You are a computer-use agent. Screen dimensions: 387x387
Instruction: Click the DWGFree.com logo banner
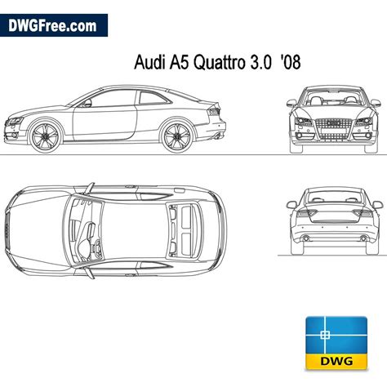coord(54,25)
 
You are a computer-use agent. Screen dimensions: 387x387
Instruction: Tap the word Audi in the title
coord(149,62)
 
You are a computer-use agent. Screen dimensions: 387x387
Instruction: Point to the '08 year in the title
coord(291,62)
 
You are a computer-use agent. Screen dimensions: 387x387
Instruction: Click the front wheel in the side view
coord(45,136)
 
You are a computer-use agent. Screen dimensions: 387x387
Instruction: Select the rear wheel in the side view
coord(176,136)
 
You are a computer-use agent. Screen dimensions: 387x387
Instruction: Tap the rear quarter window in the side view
coord(153,98)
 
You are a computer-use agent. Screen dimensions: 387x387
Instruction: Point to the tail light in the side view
coord(214,111)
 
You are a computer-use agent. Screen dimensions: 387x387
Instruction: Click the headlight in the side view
coord(14,121)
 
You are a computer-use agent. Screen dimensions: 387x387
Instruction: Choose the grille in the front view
coord(334,130)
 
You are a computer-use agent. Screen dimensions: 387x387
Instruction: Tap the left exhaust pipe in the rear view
coord(305,238)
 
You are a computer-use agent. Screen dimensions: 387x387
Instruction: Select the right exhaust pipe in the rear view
coord(363,238)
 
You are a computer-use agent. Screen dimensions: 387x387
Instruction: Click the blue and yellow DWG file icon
coord(336,343)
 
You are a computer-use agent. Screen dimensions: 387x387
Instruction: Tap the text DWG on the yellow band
coord(336,361)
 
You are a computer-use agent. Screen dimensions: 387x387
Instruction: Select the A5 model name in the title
coord(180,62)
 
